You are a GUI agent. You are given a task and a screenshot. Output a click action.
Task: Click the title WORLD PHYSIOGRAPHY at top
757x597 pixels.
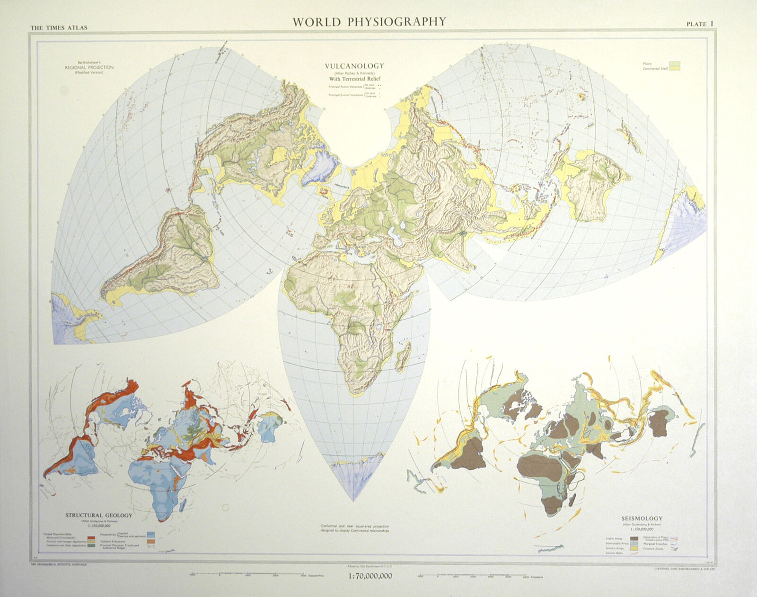coord(369,21)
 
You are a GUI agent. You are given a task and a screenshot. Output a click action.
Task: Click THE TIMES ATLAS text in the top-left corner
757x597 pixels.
coord(59,27)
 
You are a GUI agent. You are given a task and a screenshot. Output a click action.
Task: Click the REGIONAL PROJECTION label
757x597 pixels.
coord(89,68)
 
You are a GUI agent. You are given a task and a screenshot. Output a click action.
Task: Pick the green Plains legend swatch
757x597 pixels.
coord(674,62)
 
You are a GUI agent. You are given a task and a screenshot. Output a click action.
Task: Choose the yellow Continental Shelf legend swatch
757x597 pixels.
coord(674,69)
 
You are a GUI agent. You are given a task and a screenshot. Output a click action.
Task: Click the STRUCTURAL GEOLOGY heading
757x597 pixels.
coord(98,516)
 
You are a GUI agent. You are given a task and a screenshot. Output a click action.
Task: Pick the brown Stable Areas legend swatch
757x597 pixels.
coord(634,538)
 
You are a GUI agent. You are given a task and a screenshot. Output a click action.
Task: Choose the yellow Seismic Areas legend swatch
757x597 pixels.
coord(634,548)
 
